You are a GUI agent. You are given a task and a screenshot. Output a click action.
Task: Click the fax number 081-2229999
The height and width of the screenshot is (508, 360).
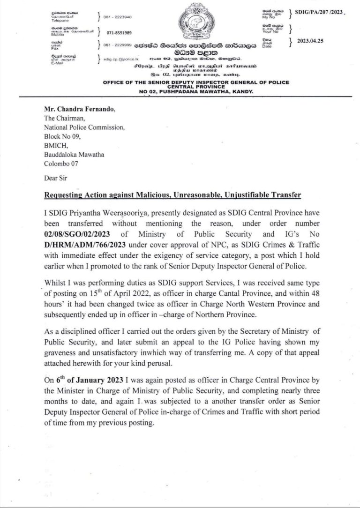(x=118, y=45)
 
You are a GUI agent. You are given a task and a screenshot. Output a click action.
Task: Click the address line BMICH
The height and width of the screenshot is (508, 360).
(x=54, y=144)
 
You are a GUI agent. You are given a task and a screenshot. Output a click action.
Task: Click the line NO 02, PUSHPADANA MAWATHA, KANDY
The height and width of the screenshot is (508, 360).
(x=196, y=92)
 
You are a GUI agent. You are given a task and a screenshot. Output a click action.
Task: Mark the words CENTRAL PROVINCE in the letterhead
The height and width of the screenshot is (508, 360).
(x=196, y=87)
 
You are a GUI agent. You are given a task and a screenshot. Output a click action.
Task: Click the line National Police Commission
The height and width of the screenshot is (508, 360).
(x=84, y=127)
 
